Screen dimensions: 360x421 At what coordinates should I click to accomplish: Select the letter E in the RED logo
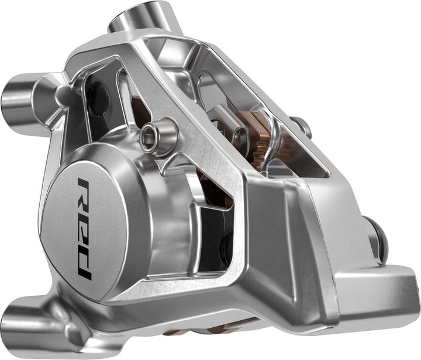click(84, 227)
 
